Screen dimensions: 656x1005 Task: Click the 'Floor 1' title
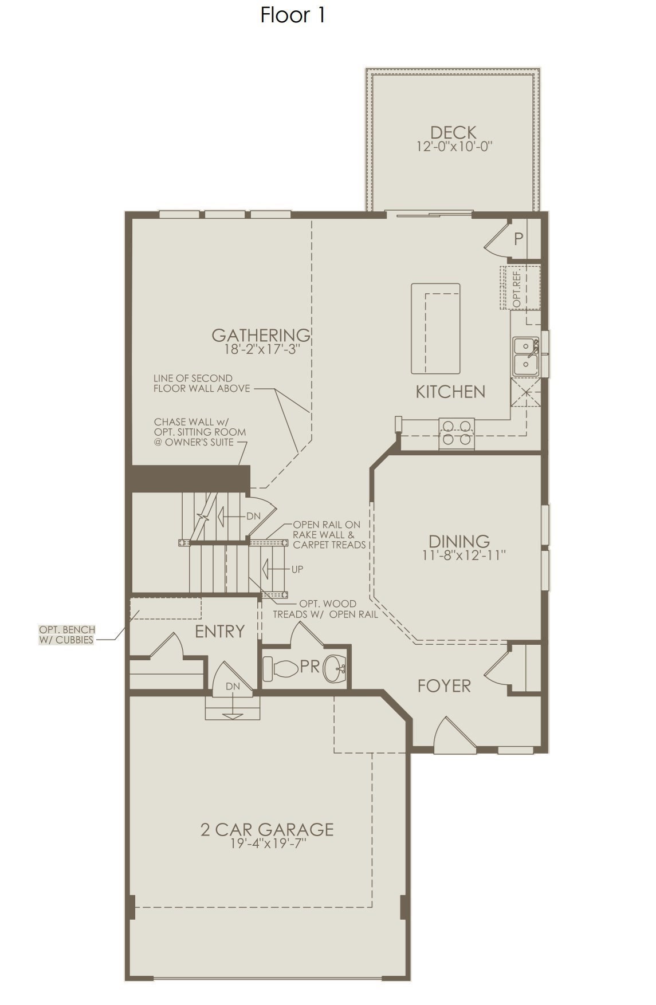[293, 15]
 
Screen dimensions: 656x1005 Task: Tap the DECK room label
[454, 132]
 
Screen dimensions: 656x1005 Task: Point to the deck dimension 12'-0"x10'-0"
[454, 147]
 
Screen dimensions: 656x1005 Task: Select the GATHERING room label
[261, 334]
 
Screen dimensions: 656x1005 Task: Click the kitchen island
[435, 328]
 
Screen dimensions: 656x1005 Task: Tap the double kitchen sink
[526, 356]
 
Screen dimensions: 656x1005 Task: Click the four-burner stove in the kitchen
[457, 433]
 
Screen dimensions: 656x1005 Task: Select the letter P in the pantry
[518, 239]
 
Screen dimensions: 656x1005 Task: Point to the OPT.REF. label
[517, 287]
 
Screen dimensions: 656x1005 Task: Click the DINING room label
[459, 541]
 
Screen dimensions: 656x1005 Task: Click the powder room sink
[336, 668]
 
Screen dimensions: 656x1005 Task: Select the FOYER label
[444, 685]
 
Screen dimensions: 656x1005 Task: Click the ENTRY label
[219, 631]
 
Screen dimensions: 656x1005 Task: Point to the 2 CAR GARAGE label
[267, 829]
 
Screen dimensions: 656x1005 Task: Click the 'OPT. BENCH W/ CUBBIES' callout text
[67, 634]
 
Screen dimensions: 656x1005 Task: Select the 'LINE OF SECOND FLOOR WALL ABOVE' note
[202, 383]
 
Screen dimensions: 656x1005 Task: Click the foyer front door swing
[454, 732]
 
